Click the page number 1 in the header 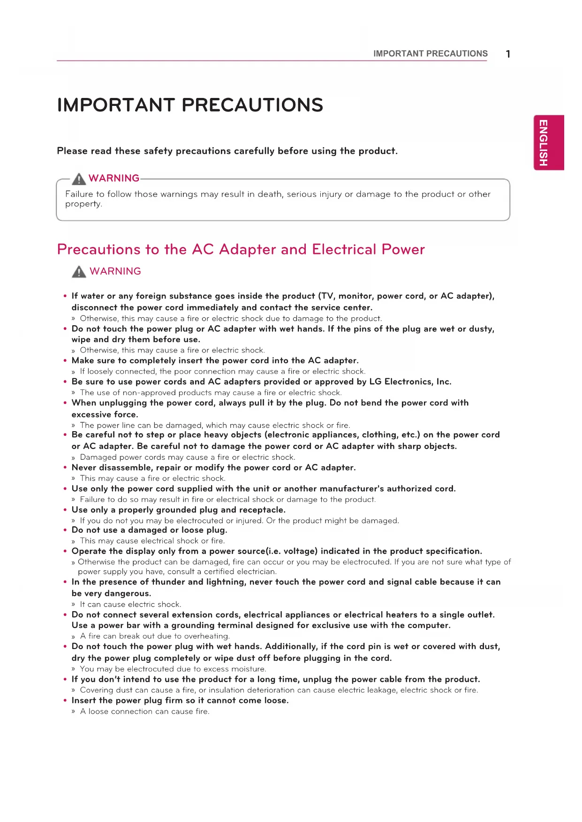[508, 54]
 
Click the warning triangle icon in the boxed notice [79, 179]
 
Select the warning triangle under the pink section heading [79, 271]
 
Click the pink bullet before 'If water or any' [65, 296]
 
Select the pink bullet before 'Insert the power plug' [65, 701]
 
